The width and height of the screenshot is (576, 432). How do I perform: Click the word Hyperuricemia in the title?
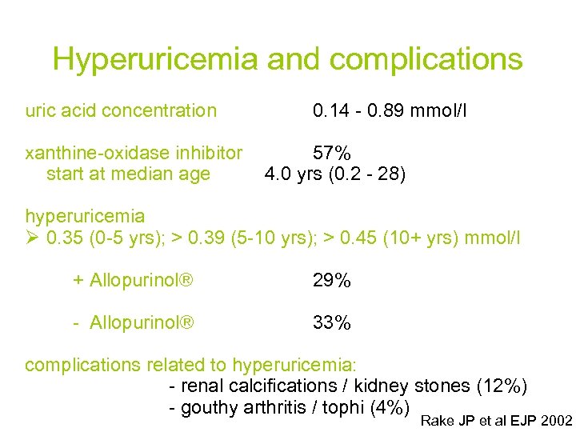tap(155, 59)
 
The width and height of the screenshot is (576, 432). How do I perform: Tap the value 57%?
tap(332, 153)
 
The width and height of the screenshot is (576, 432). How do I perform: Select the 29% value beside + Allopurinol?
tap(332, 281)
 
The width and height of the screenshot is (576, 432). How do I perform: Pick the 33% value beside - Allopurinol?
tap(332, 323)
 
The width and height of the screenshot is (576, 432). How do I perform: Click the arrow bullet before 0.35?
tap(33, 238)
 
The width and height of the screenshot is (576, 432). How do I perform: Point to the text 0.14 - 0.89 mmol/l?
tap(390, 110)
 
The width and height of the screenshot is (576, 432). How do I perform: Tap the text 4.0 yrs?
tap(293, 174)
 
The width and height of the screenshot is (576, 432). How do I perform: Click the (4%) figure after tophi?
tap(390, 408)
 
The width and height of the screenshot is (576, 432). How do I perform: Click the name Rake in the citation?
tap(436, 421)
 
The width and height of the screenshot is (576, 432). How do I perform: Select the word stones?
tap(444, 386)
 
